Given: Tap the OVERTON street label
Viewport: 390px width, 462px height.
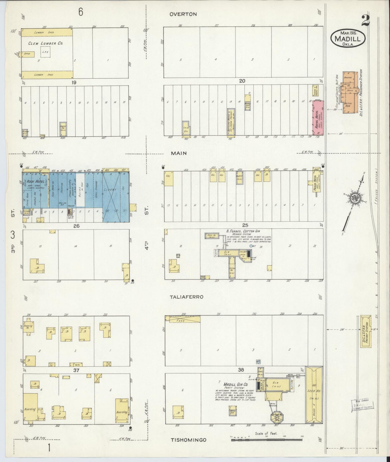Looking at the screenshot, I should point(183,14).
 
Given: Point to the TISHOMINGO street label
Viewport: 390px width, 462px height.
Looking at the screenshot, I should point(189,440).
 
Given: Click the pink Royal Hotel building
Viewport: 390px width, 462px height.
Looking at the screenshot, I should point(318,117).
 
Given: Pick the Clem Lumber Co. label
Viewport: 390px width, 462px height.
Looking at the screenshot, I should point(46,43).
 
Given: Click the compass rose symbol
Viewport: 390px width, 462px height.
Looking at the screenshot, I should point(354,198).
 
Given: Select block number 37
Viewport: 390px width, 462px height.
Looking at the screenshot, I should point(76,370).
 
